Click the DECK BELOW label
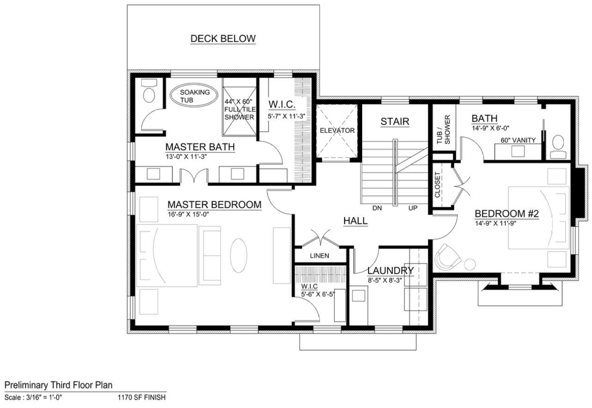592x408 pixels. (223, 39)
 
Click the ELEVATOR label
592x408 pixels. (337, 131)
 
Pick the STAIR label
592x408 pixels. (395, 122)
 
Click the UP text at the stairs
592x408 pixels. (413, 208)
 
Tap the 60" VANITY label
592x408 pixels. (518, 140)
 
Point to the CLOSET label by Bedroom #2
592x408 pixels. (437, 185)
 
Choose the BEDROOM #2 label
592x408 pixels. (507, 214)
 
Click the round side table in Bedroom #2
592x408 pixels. (470, 264)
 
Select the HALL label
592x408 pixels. (355, 221)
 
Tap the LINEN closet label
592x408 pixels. (319, 256)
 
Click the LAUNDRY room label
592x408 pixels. (390, 270)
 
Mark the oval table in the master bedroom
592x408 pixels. (239, 255)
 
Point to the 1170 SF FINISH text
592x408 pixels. (142, 397)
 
